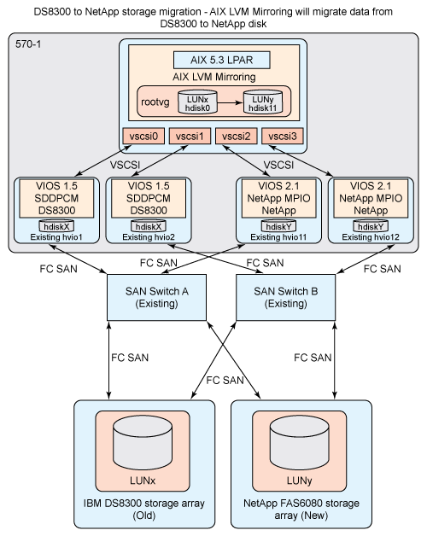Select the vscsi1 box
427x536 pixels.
188,136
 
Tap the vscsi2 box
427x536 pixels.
235,136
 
